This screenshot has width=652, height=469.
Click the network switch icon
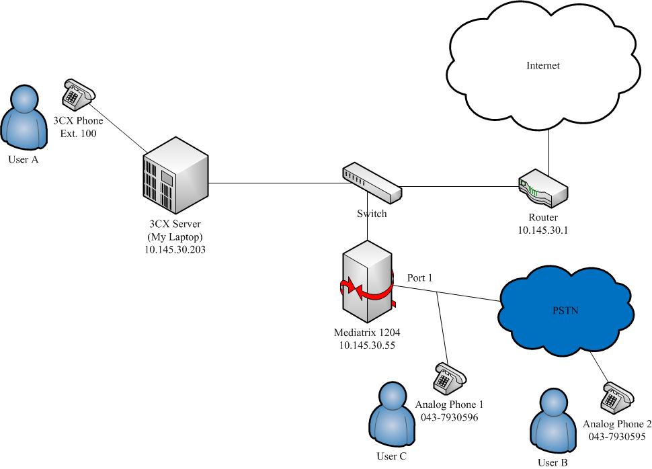[x=371, y=182]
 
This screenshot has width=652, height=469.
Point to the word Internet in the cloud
[x=543, y=66]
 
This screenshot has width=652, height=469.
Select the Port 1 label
[x=420, y=277]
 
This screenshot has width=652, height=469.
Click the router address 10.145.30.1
[x=544, y=230]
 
